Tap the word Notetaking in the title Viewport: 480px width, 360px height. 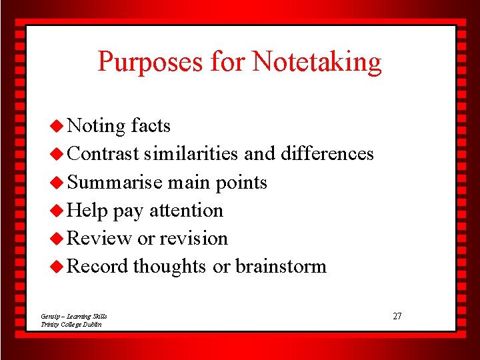click(317, 62)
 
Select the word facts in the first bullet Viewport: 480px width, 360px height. click(151, 125)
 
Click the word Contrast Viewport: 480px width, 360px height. click(103, 154)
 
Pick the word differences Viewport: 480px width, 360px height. click(327, 154)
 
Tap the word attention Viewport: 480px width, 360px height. click(186, 211)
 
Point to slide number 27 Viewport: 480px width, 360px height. click(397, 316)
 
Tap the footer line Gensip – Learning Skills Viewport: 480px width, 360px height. click(73, 316)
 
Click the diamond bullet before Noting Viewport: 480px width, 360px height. click(58, 125)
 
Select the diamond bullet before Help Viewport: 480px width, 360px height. click(58, 210)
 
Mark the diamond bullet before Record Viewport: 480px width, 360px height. click(58, 266)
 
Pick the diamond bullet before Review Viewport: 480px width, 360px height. click(58, 238)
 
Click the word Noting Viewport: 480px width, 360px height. click(96, 126)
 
